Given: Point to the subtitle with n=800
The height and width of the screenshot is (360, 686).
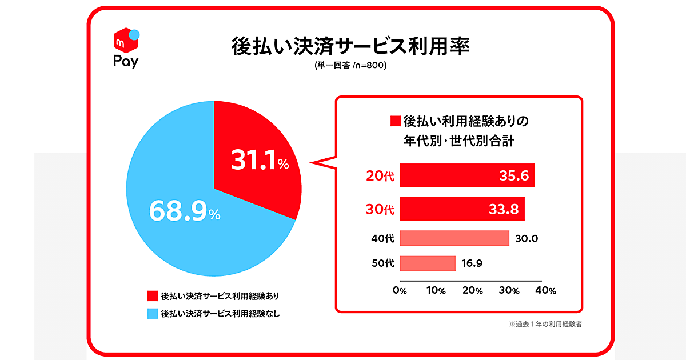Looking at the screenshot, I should pos(350,66).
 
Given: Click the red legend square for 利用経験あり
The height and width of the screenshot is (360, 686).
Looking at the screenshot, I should pos(152,296).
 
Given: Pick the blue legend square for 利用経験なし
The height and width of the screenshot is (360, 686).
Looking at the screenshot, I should pos(152,313).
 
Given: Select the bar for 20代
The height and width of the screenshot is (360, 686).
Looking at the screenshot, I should pos(467,175).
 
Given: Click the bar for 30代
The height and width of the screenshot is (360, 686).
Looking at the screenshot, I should pos(462,209).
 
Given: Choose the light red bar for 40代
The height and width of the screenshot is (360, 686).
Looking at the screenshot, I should pos(454,238).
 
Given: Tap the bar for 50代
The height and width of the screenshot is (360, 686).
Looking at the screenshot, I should pos(428,263).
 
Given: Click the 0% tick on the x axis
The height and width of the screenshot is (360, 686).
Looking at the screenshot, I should pos(400,290).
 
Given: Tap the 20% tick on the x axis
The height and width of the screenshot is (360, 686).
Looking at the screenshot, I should pos(472,290).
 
